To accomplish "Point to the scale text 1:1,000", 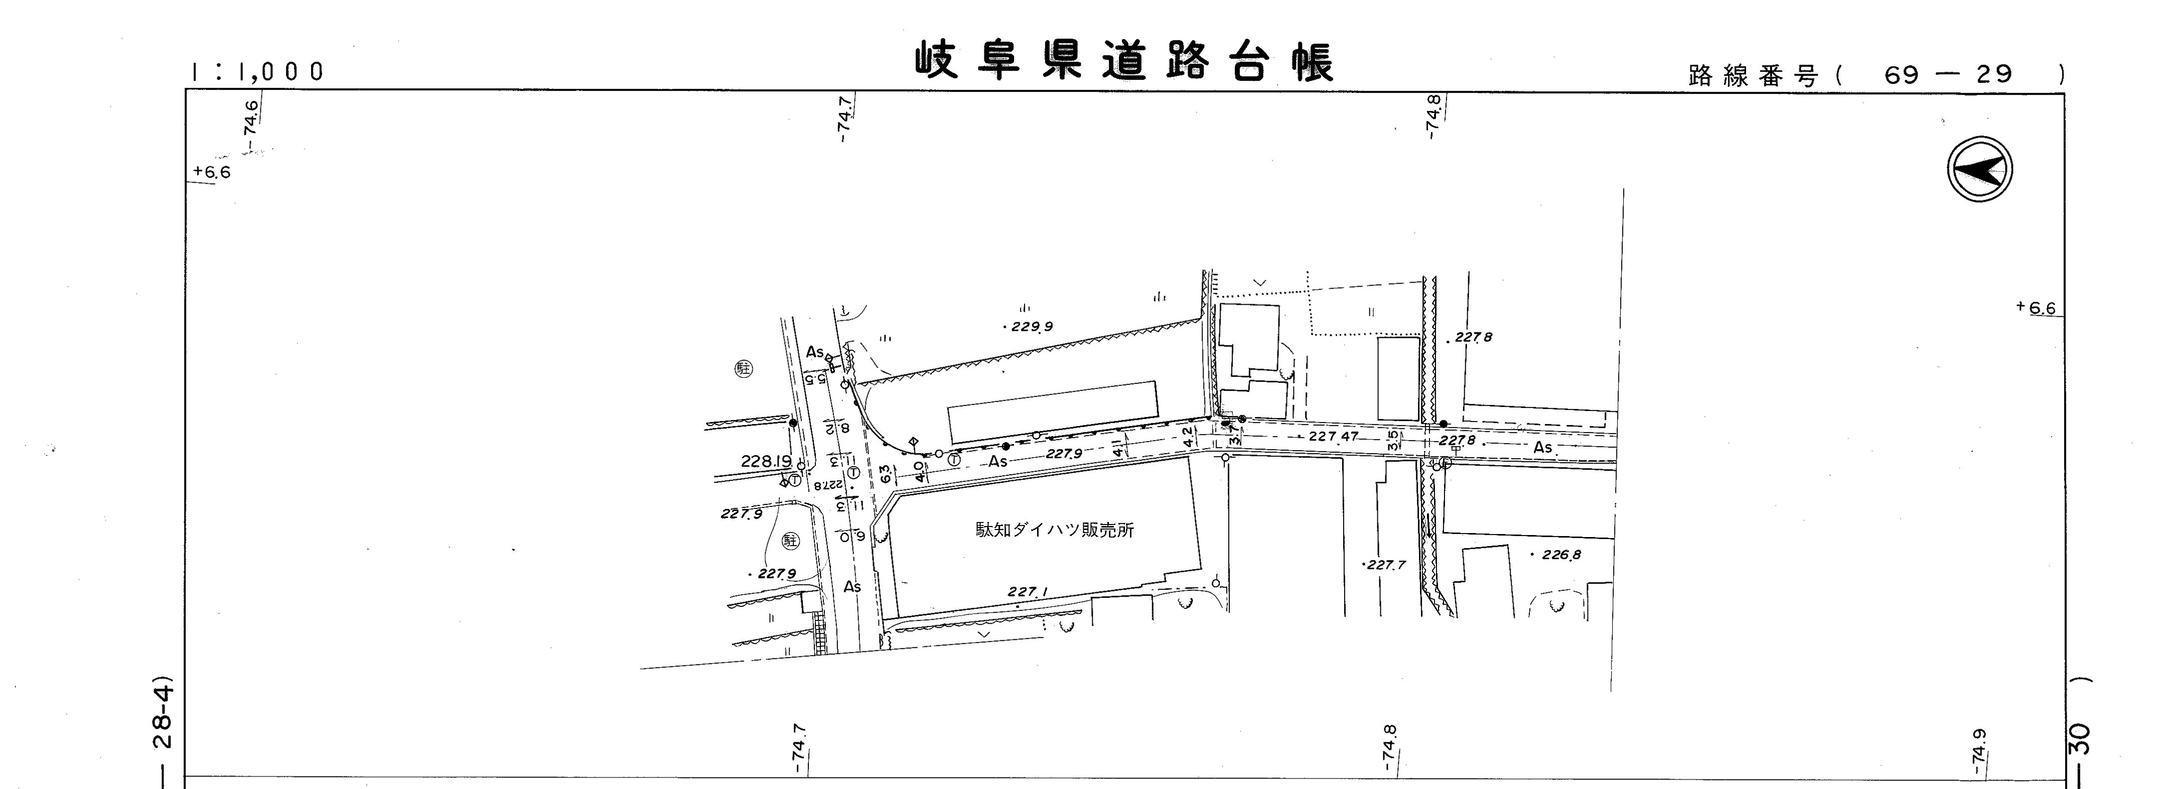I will point(257,72).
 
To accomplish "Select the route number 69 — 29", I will point(1948,75).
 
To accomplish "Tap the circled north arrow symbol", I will point(1979,170).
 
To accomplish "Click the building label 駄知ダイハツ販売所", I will point(1054,530).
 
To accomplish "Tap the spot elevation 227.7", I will point(1386,565).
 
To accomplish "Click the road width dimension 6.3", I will point(885,474).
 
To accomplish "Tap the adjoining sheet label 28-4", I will point(164,717).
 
